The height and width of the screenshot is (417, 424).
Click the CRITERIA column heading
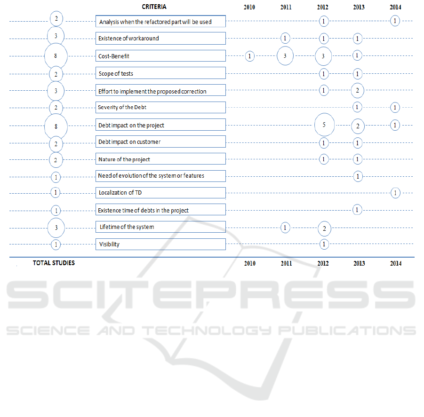point(154,7)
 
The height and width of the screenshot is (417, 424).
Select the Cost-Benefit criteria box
point(160,56)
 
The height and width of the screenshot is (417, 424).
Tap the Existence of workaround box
point(160,38)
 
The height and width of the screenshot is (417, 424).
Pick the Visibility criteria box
point(160,244)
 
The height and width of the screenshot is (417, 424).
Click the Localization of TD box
point(160,193)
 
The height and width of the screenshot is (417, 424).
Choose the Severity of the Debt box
point(160,107)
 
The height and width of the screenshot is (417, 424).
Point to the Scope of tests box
point(160,73)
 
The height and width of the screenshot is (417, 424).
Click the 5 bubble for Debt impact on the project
point(323,125)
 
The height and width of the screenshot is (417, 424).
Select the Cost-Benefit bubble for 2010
point(250,56)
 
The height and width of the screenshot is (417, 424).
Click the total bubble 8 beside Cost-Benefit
point(56,56)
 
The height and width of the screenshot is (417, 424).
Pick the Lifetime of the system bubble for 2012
point(324,228)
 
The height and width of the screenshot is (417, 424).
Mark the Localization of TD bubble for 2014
point(395,193)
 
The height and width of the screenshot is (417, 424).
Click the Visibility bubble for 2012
point(324,244)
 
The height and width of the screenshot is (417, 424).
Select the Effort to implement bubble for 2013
point(358,90)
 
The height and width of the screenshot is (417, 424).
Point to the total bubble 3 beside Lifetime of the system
point(56,228)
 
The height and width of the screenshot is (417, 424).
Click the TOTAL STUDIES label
point(54,263)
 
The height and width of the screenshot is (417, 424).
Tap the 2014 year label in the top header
point(396,8)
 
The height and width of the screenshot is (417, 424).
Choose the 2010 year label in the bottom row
point(250,264)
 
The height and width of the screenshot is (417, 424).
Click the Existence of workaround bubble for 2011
point(285,38)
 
